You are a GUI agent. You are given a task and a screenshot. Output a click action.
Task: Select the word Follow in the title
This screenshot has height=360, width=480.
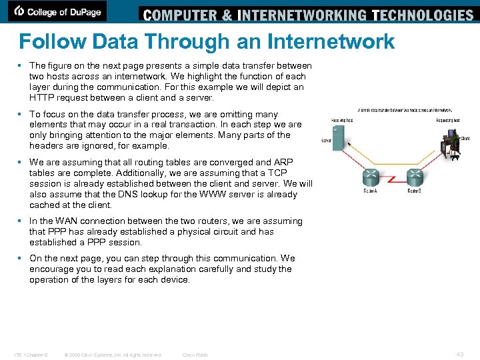[x=52, y=42]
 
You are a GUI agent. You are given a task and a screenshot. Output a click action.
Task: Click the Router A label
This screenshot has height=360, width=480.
[x=371, y=191]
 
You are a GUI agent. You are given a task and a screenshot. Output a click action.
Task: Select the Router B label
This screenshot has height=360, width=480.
[x=414, y=191]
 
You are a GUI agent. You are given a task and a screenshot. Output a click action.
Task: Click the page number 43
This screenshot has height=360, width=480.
[x=460, y=355]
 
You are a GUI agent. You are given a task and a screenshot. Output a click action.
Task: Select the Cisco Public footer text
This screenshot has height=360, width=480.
[x=195, y=355]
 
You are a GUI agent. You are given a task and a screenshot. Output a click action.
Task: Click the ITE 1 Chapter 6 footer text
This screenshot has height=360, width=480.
[x=31, y=355]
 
